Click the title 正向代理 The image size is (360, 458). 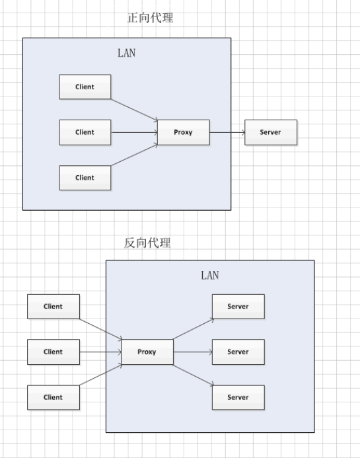150,18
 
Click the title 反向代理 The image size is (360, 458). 147,243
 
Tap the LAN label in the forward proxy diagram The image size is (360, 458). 126,53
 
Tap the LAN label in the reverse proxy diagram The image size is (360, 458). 209,275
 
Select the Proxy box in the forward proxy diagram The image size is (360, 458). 183,132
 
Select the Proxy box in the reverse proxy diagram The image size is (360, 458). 147,352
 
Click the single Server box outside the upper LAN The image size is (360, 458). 271,132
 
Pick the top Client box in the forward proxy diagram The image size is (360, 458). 85,87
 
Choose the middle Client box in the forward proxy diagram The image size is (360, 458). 85,132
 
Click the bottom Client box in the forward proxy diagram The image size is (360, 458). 85,177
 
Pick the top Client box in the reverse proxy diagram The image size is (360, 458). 54,307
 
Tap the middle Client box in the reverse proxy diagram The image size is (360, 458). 54,352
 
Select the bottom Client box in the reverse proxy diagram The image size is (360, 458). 54,397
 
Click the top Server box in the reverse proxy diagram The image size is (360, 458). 238,307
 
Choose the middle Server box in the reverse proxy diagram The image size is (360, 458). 238,352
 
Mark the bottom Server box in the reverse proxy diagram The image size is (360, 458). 238,397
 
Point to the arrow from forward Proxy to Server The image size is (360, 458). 227,132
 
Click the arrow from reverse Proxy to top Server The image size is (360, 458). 193,328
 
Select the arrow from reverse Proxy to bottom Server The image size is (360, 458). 193,375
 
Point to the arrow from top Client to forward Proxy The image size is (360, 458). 134,109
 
